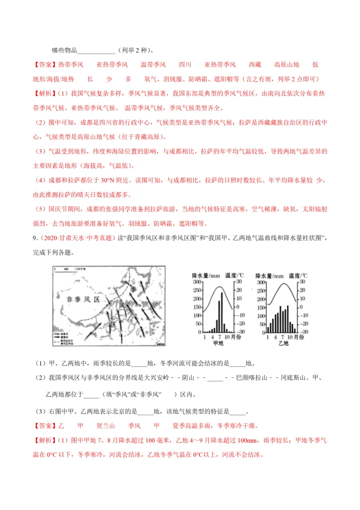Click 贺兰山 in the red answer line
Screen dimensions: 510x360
105,426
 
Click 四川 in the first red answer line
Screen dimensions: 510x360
185,65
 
